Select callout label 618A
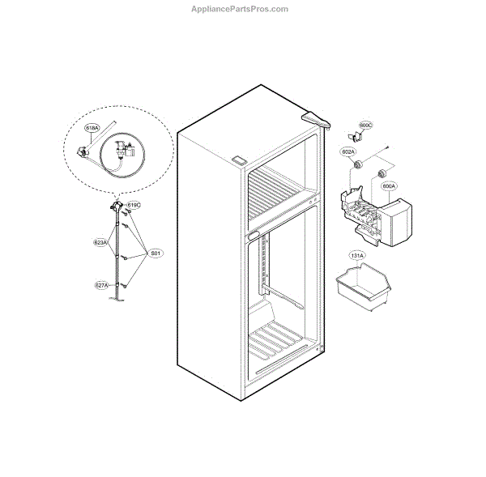pyautogui.click(x=92, y=128)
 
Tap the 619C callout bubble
pyautogui.click(x=134, y=206)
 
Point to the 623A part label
pyautogui.click(x=100, y=242)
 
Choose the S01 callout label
pyautogui.click(x=156, y=254)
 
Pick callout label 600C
pyautogui.click(x=365, y=126)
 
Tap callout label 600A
pyautogui.click(x=389, y=185)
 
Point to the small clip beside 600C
pyautogui.click(x=353, y=136)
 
